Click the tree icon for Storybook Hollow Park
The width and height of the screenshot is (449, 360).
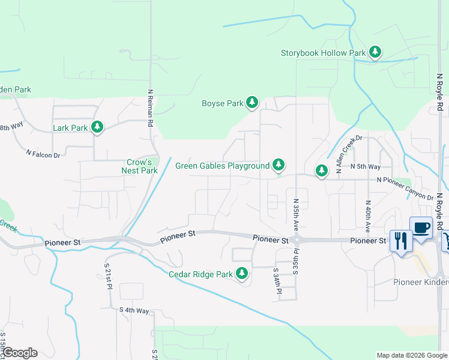pos(375,52)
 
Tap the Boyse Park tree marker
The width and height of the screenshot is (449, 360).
pos(252,103)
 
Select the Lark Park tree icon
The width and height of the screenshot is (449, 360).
pos(97,127)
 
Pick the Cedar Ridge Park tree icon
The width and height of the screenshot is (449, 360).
pos(242,274)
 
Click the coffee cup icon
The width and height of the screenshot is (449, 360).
pos(421,228)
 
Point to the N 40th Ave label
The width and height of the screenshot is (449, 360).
pos(367,217)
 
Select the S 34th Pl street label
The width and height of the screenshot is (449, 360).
pos(277,280)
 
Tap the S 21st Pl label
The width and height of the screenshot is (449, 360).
pos(109,276)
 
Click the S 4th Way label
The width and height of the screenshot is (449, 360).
pos(134,310)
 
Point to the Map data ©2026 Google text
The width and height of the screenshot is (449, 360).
pos(411,355)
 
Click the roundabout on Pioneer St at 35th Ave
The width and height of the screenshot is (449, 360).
pos(297,240)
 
